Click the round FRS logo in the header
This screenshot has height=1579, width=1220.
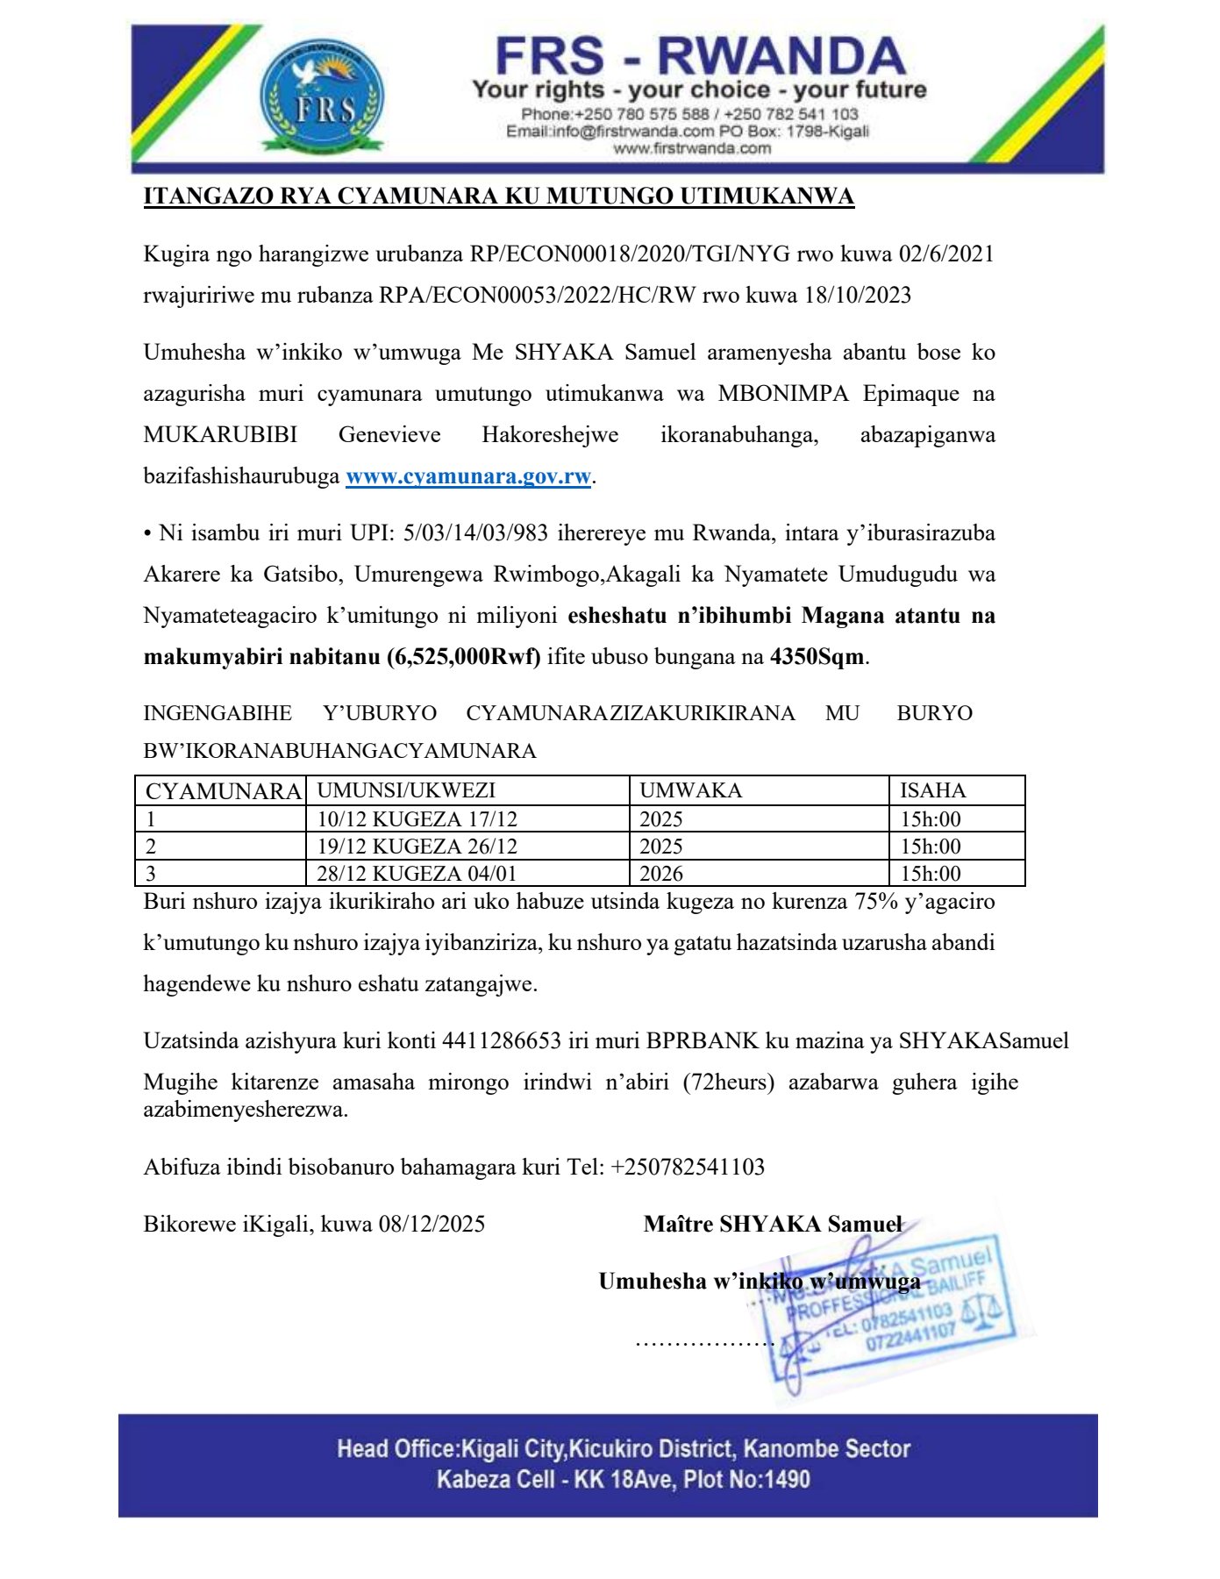[x=322, y=97]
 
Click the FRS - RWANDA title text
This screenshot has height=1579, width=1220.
[x=699, y=55]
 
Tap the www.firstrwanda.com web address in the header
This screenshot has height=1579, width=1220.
[x=692, y=148]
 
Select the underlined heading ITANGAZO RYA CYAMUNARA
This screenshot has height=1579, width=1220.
[x=498, y=196]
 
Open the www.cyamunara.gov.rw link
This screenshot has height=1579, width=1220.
[x=468, y=476]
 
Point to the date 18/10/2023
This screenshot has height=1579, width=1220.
[x=857, y=295]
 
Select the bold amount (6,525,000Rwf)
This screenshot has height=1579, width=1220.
[x=463, y=657]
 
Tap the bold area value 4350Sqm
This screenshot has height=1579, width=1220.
[x=817, y=657]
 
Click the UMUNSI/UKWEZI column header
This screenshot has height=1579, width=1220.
[x=406, y=790]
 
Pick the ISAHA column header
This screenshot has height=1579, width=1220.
[x=932, y=790]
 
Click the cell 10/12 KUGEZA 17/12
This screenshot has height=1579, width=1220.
[x=417, y=819]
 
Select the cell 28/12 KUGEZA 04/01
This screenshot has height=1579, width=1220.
[x=417, y=874]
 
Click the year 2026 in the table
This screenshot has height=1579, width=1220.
[x=661, y=874]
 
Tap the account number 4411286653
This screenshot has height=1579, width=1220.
[x=501, y=1041]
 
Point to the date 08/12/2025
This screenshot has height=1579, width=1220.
[x=432, y=1225]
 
